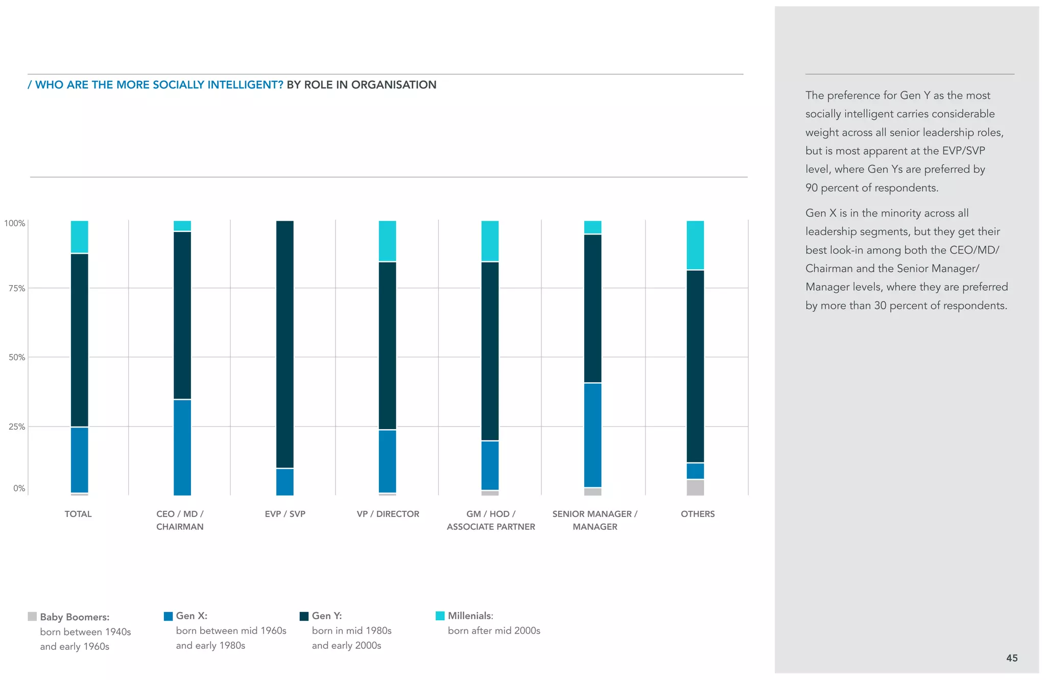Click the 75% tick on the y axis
click(16, 288)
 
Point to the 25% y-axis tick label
click(16, 427)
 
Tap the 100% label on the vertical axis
click(14, 223)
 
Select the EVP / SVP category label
click(285, 514)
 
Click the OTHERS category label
click(698, 514)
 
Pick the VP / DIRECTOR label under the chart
click(388, 514)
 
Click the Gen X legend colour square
click(168, 616)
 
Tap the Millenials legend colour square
click(440, 616)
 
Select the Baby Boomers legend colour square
click(32, 617)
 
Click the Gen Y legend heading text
click(326, 616)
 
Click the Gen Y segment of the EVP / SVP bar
click(285, 344)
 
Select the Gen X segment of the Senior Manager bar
click(592, 435)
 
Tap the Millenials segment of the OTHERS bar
click(695, 245)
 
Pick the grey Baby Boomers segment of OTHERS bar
click(695, 487)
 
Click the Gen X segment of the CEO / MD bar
click(182, 447)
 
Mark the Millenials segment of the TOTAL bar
click(79, 237)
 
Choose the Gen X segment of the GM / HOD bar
click(490, 465)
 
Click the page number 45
click(1012, 658)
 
